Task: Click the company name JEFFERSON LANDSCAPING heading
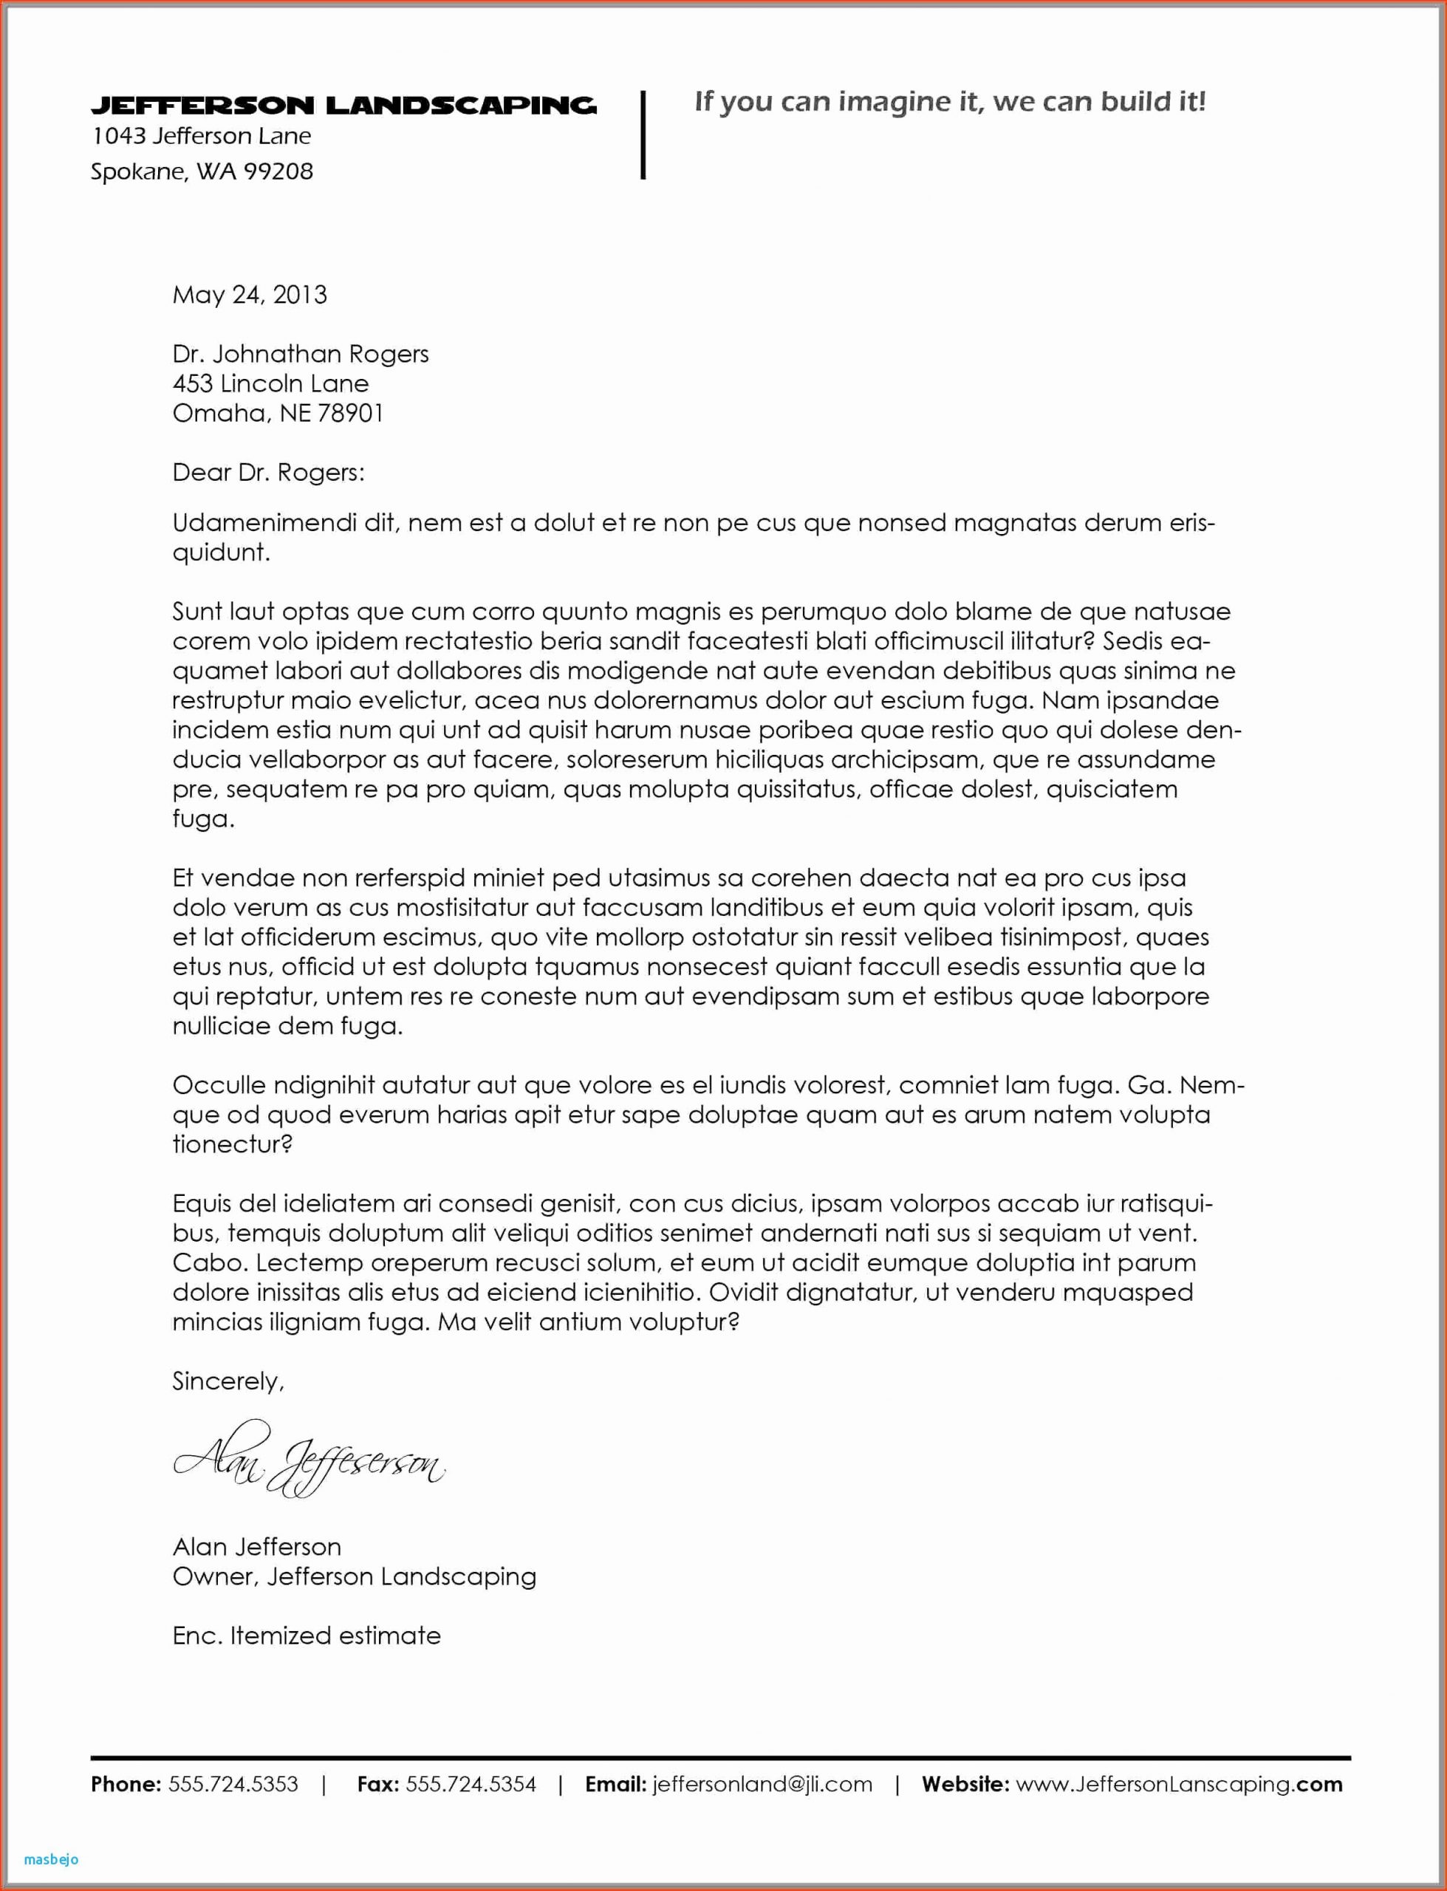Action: [x=343, y=106]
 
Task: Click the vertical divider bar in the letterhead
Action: [x=643, y=134]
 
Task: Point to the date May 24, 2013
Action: [x=250, y=295]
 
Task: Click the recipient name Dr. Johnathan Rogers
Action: [x=301, y=354]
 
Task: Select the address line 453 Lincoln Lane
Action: [x=270, y=383]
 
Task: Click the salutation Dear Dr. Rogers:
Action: [x=269, y=472]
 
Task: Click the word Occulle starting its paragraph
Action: [x=218, y=1085]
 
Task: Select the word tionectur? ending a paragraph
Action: [x=233, y=1144]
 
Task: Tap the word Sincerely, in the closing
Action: [x=228, y=1381]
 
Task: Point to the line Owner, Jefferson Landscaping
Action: [x=354, y=1576]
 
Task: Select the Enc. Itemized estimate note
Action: [x=307, y=1636]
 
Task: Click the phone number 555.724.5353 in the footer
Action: [x=233, y=1784]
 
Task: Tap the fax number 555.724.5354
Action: [x=471, y=1784]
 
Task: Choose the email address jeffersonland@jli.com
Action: [x=762, y=1784]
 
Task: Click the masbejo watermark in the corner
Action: [x=52, y=1859]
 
